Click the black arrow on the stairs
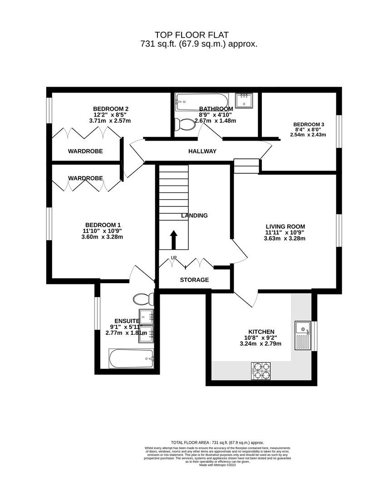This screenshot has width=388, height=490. pos(173,239)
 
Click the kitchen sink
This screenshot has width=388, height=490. pos(302,335)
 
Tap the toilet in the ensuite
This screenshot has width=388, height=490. pos(144,299)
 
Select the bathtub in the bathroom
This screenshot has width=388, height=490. pos(202,101)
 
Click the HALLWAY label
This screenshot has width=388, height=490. pos(202,151)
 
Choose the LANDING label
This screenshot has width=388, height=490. pos(194,216)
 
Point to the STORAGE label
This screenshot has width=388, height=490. pos(194,280)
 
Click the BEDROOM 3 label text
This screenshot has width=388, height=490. pos(309,124)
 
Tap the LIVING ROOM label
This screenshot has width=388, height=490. pos(285,226)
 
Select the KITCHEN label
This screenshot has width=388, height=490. pos(261,332)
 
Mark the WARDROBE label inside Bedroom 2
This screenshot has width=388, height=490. pos(85,151)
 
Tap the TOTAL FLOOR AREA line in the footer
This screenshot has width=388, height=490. pos(217,442)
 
